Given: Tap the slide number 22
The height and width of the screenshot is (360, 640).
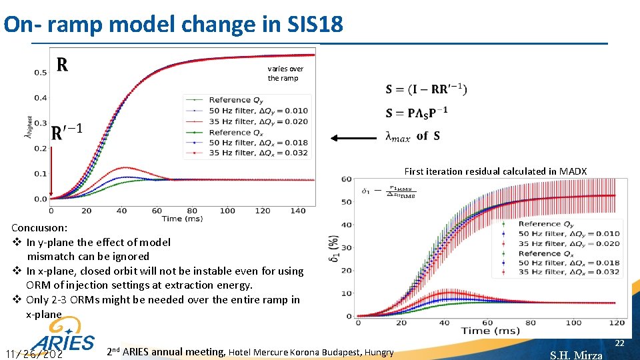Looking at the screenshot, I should tap(619, 343).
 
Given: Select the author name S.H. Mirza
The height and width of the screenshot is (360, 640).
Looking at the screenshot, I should tap(575, 355).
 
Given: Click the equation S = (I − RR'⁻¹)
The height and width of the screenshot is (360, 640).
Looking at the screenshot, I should tap(426, 89).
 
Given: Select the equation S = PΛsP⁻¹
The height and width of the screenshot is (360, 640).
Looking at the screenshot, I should tap(416, 112).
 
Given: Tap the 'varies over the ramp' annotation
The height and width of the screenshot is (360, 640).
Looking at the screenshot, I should tap(285, 73).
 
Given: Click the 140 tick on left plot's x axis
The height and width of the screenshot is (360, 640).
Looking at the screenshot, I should tap(298, 211).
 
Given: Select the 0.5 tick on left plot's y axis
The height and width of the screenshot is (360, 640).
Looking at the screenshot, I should tap(41, 72).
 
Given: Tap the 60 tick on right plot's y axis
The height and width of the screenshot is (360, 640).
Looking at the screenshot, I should tap(346, 179).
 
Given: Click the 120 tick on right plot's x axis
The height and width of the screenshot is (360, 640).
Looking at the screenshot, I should tap(617, 323).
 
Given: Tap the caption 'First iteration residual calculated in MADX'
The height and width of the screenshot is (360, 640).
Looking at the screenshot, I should tap(495, 171).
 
